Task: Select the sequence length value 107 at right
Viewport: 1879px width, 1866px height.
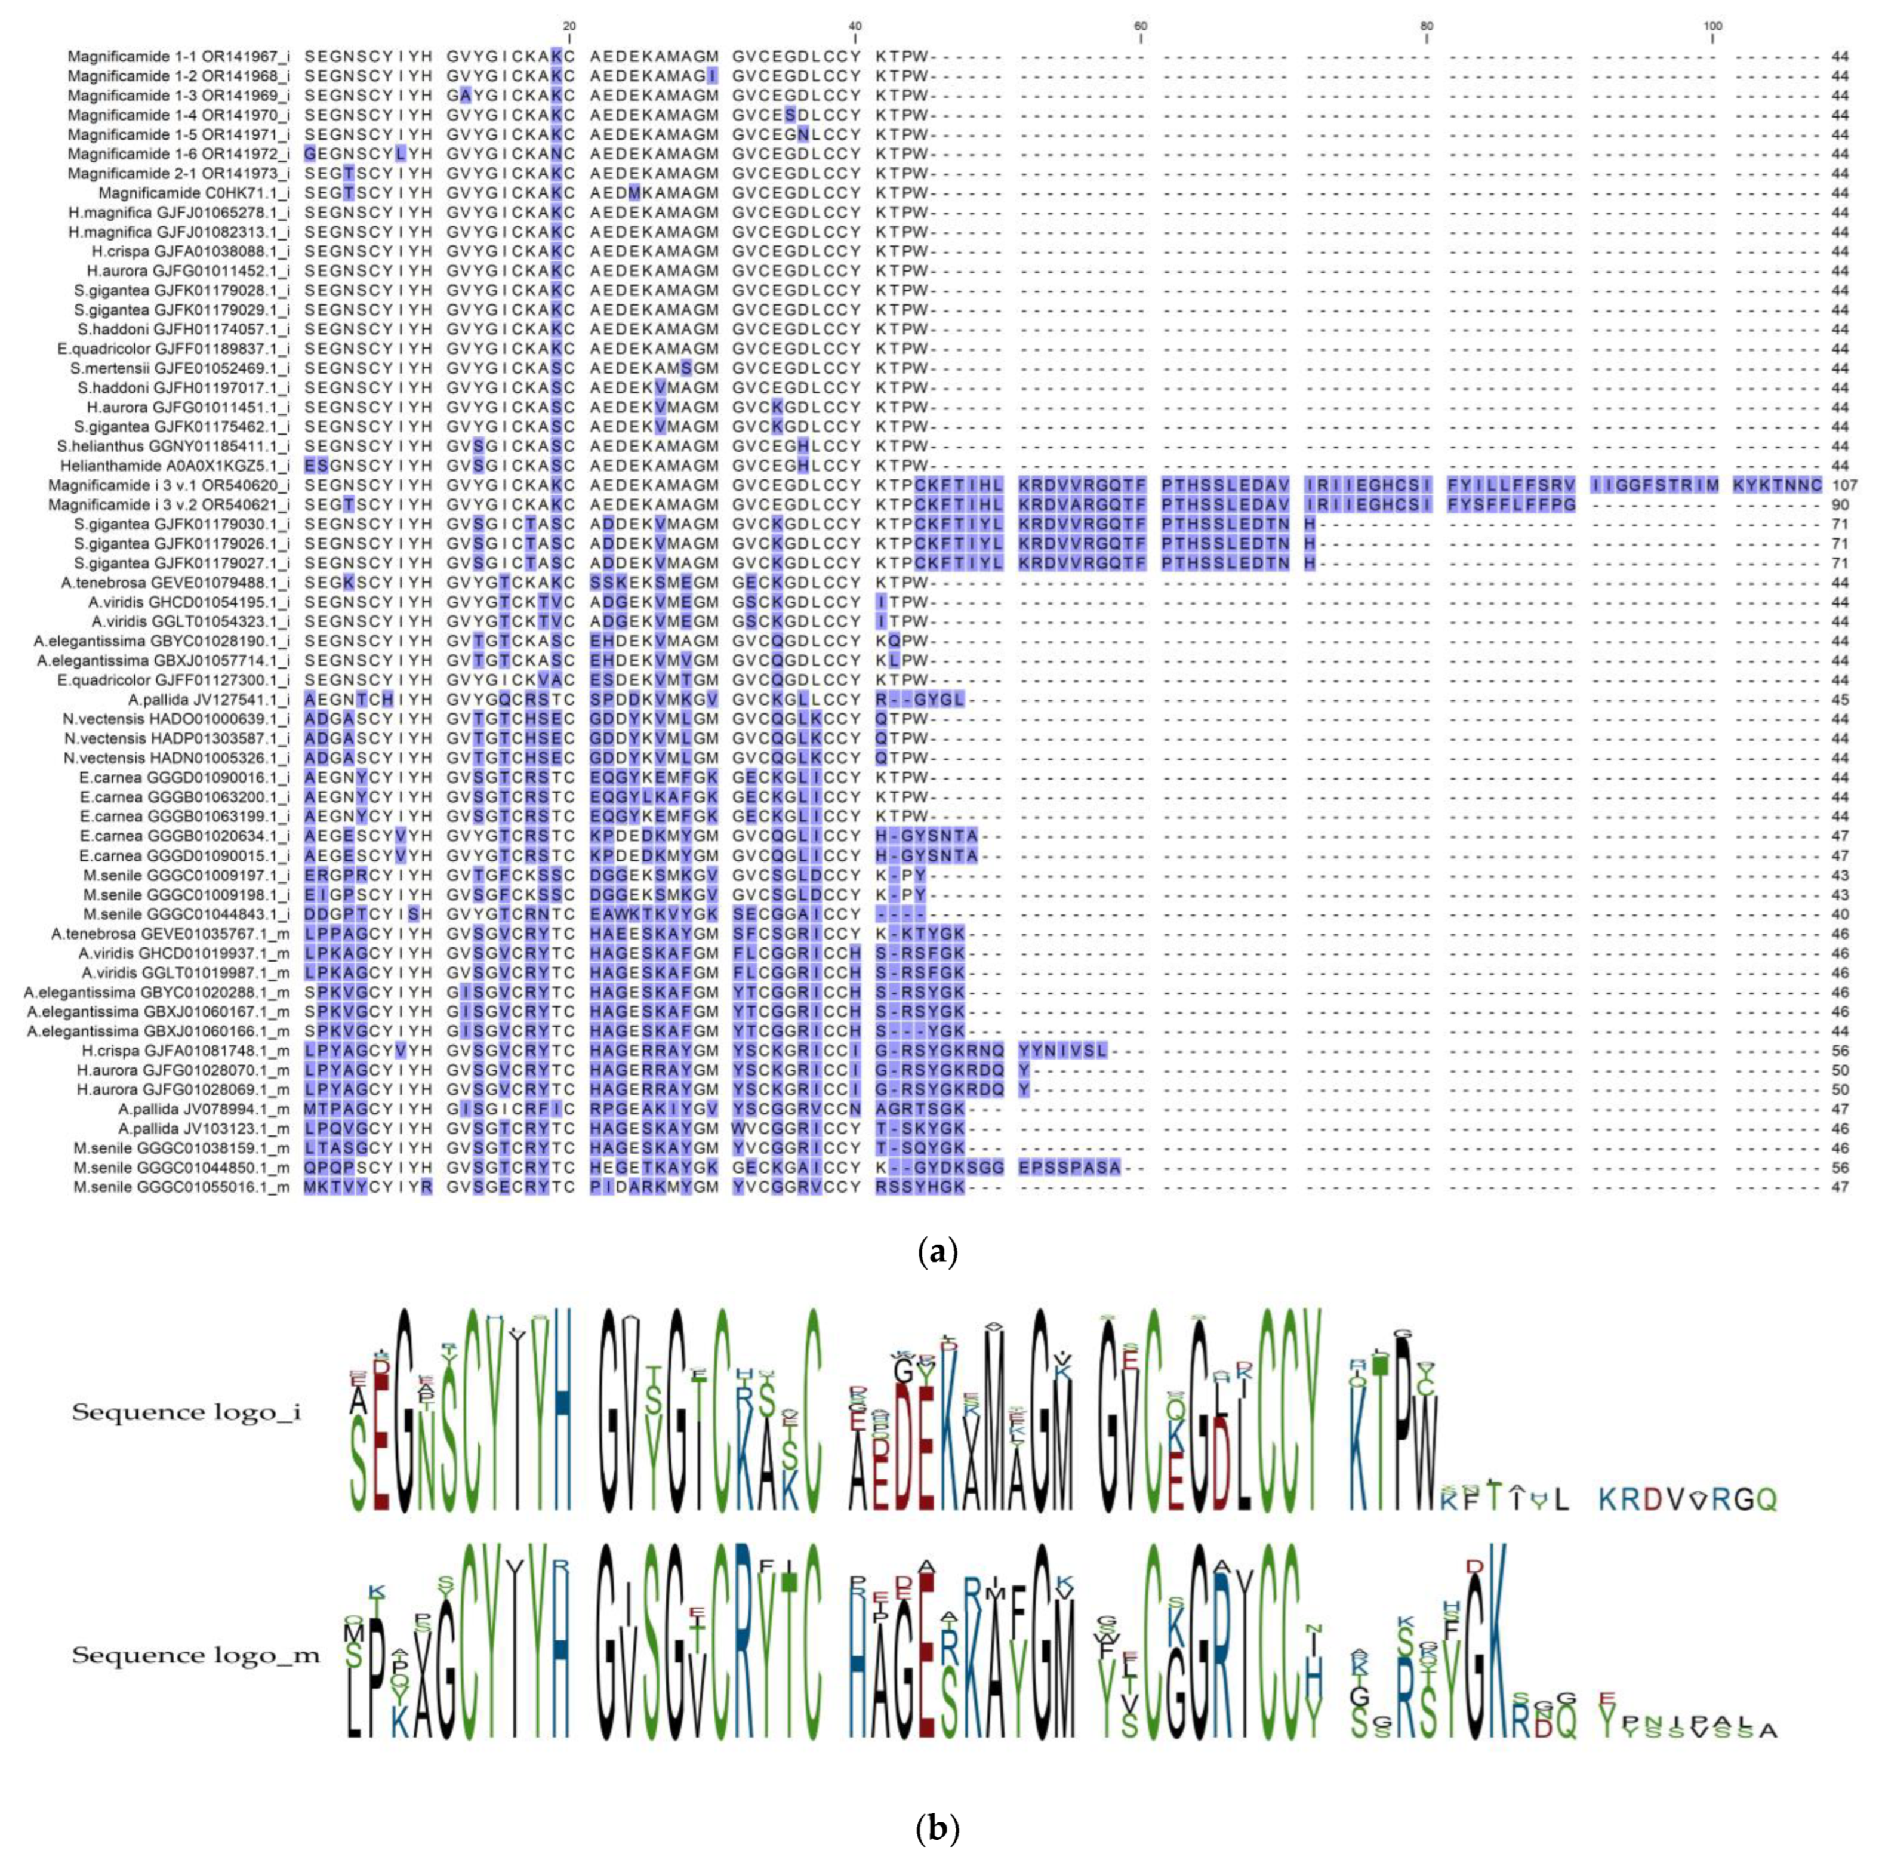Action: pyautogui.click(x=1844, y=485)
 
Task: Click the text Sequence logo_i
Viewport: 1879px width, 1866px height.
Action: pyautogui.click(x=186, y=1413)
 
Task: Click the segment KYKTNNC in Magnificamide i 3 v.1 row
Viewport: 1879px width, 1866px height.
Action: pyautogui.click(x=1777, y=485)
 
